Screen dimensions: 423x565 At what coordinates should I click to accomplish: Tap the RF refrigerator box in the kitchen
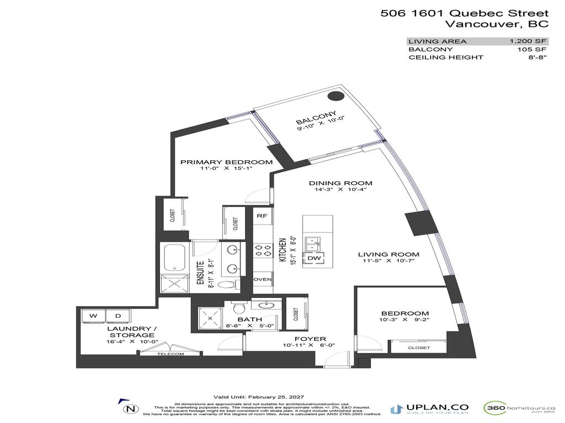(x=262, y=216)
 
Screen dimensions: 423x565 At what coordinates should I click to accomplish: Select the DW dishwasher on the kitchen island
(x=314, y=258)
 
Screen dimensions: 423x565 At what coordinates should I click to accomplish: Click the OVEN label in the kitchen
(x=262, y=279)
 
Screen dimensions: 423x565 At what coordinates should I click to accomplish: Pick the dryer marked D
(x=118, y=316)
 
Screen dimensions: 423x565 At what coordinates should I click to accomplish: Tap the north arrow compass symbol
(x=130, y=409)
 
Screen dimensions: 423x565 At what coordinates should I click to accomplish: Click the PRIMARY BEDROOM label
(x=227, y=162)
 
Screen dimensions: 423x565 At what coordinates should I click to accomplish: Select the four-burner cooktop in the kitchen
(x=262, y=251)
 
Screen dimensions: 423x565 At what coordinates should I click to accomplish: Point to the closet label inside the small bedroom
(x=419, y=348)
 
